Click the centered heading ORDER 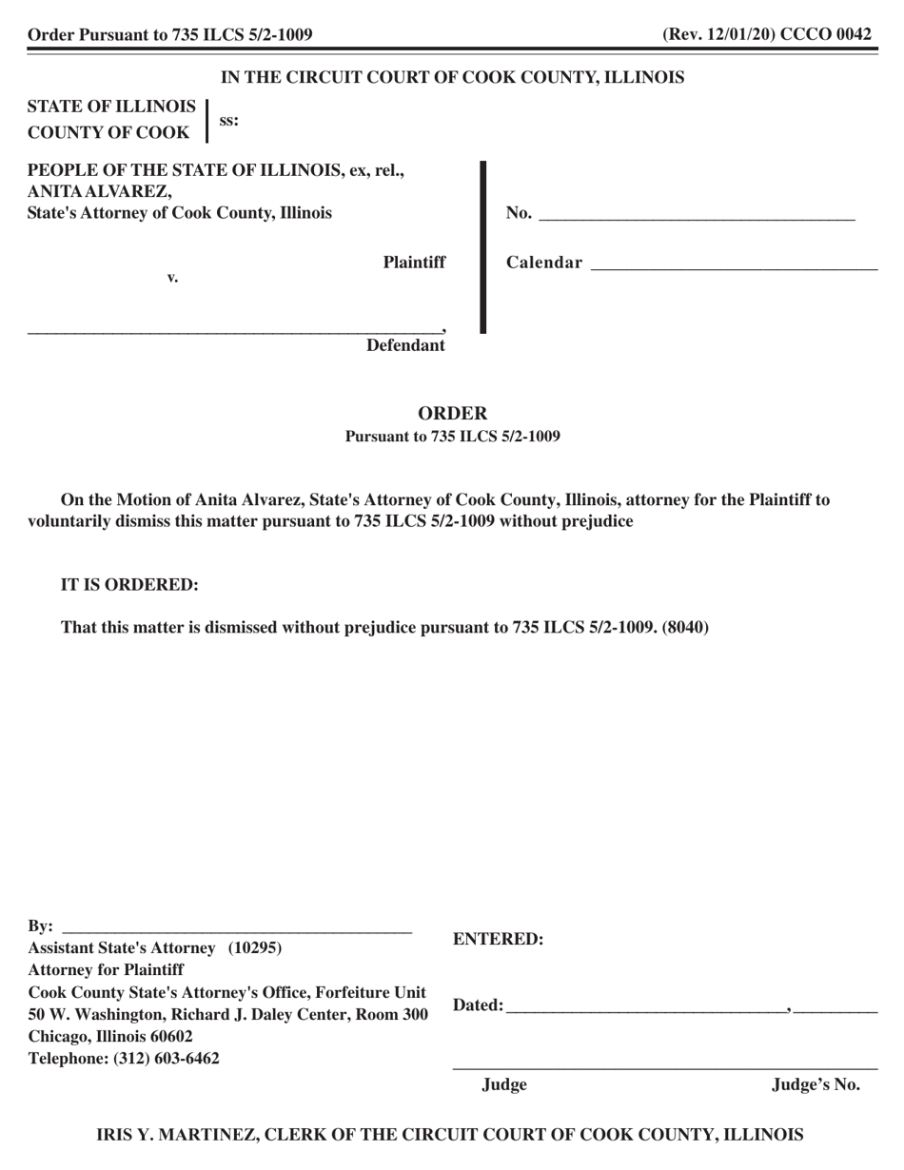point(453,414)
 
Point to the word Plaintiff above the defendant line point(414,263)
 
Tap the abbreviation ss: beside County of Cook point(229,121)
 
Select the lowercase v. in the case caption point(173,278)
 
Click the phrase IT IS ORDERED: point(130,585)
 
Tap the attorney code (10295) point(255,948)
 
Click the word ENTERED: point(499,940)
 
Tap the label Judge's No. point(816,1085)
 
